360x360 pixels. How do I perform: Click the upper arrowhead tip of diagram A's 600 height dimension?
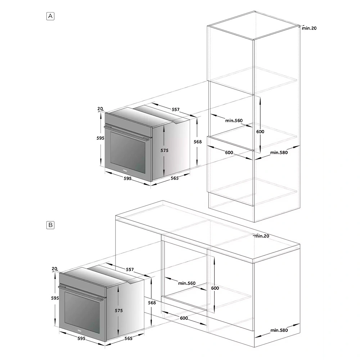point(260,96)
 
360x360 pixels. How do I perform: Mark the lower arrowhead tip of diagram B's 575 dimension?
point(118,336)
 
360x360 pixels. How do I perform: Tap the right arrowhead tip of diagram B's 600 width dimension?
point(207,325)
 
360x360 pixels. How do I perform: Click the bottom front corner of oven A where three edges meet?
point(151,181)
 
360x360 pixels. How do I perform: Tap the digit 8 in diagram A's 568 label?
point(201,141)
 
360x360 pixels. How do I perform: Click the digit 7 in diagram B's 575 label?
point(119,310)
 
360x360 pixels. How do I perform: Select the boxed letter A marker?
point(50,16)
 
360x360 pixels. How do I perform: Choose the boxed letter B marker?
point(50,225)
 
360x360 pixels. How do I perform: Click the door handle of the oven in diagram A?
point(126,133)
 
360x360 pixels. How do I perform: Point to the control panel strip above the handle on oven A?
point(128,123)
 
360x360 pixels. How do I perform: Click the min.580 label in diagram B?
point(279,330)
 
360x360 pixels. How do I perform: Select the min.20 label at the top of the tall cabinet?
point(309,28)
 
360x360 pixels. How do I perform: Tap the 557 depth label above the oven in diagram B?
point(130,269)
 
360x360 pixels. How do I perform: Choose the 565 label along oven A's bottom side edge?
point(175,178)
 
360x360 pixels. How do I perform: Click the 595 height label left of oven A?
point(100,138)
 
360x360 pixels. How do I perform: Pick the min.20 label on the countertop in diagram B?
point(262,236)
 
